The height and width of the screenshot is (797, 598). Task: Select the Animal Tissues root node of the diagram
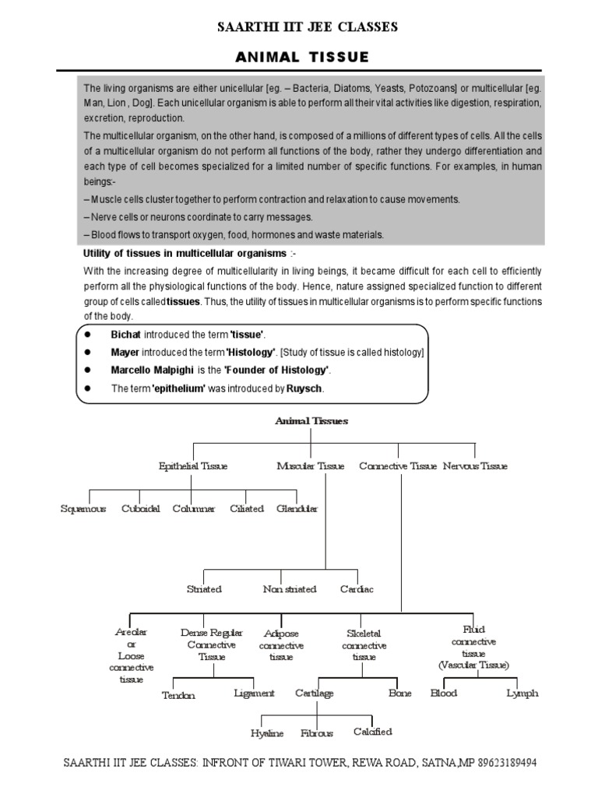pos(311,421)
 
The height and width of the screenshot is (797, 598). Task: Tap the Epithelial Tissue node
pos(193,466)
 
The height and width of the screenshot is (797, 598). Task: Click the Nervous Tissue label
pos(475,466)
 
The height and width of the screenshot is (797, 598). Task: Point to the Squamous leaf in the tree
pos(83,509)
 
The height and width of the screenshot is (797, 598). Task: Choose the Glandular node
pos(297,509)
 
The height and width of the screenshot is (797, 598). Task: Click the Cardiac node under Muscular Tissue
pos(357,589)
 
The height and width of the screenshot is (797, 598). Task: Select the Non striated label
pos(290,589)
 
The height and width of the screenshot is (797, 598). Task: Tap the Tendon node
pos(178,695)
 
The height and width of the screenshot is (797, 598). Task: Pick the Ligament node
pos(254,693)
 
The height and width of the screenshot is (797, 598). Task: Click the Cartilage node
pos(315,693)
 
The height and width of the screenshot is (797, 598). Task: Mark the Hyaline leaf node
pos(267,733)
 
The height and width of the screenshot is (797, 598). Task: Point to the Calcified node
pos(372,732)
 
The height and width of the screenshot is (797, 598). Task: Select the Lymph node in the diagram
pos(522,693)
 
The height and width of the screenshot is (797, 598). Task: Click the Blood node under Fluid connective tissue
pos(444,693)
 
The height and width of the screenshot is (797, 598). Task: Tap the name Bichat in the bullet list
pos(125,334)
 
